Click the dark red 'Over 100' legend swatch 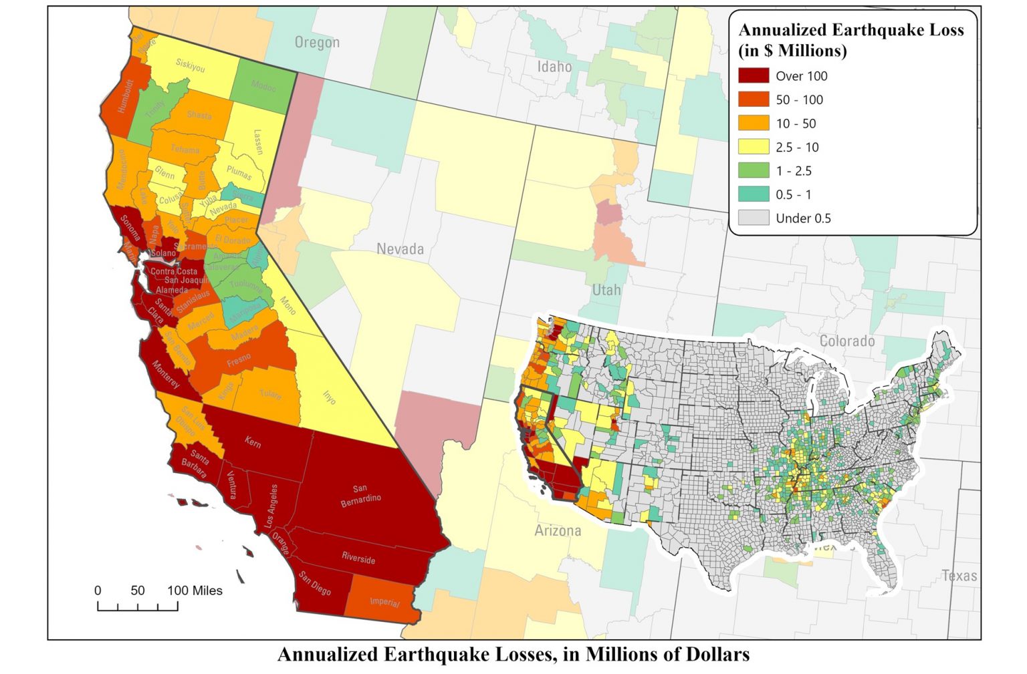[754, 75]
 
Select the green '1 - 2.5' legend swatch [754, 170]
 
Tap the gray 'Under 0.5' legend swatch [754, 218]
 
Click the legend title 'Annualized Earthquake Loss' [850, 30]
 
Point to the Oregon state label [317, 43]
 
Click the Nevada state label [400, 249]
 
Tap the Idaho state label [554, 67]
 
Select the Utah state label [606, 290]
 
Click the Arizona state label [558, 531]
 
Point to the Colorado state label [847, 341]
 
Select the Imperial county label [384, 602]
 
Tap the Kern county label [253, 442]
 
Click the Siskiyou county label [191, 65]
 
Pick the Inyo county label [329, 396]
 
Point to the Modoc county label [263, 86]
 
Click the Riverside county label [358, 558]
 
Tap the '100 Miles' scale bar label [195, 591]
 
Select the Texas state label [959, 576]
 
